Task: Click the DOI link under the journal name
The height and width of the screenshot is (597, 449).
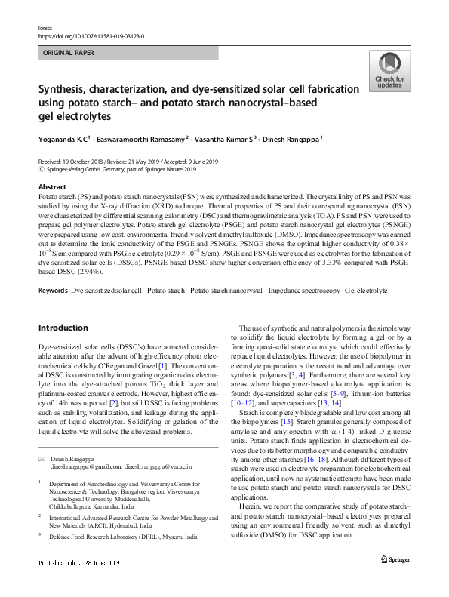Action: (x=91, y=35)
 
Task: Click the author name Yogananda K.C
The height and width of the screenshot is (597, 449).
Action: (x=64, y=140)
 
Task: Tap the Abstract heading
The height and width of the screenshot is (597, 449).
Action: (x=51, y=186)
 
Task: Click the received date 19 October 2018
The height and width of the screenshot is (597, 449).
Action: (x=86, y=162)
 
